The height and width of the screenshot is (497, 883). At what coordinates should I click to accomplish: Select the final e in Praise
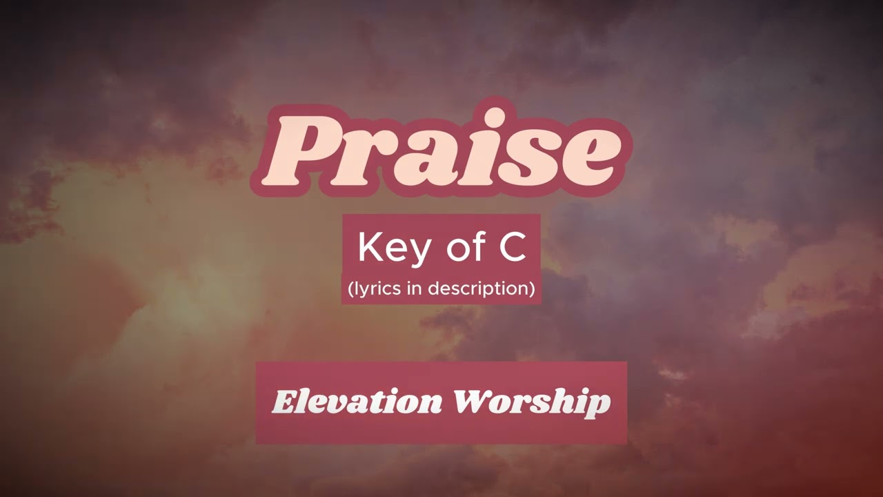tap(585, 157)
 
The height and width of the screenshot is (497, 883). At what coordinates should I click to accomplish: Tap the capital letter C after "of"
tap(513, 248)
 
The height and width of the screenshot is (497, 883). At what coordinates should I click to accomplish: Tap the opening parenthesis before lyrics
tap(351, 289)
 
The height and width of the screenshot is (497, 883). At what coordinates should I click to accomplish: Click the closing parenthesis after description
tap(532, 289)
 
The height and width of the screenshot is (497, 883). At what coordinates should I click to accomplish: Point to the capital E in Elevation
tap(283, 402)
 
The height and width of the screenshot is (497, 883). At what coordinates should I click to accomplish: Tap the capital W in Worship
tap(471, 402)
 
